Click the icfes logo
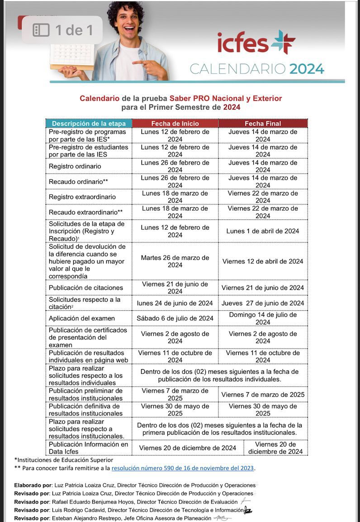coord(256,43)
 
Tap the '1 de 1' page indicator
coord(64,30)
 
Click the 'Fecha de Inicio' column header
coord(175,123)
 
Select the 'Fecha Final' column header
coord(263,123)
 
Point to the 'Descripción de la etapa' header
coord(89,123)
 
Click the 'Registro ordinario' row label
coord(75,166)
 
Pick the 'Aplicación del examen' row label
coord(82,318)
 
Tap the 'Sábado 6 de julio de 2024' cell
coord(175,318)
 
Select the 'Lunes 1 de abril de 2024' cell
coord(263,231)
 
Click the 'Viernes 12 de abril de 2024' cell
coord(263,261)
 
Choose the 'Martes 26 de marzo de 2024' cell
coord(175,261)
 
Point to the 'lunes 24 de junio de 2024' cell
coord(175,303)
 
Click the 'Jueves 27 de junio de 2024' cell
coord(263,303)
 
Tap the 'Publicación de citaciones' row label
coord(86,288)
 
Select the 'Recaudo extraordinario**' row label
coord(86,212)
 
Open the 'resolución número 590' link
coord(183,468)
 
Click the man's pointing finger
coord(138,63)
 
